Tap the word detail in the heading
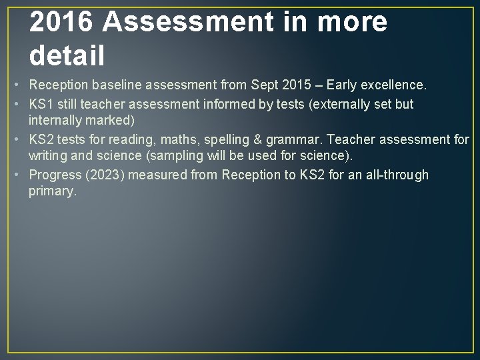coord(67,55)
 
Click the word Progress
coord(53,175)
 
